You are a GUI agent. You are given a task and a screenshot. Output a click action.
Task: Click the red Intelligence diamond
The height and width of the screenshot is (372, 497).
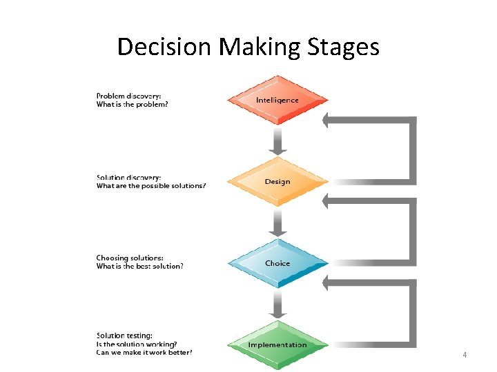tap(277, 100)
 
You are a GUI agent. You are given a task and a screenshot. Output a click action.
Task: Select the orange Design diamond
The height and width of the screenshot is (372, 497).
tap(277, 182)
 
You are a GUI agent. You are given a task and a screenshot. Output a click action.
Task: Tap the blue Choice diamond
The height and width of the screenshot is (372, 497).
tap(277, 263)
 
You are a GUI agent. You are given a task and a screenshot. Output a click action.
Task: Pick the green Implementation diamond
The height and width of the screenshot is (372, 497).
tap(277, 344)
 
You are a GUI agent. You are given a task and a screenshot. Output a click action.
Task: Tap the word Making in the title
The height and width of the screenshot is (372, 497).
tap(260, 47)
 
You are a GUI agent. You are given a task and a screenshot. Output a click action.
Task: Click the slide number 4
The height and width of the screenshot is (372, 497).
tap(465, 355)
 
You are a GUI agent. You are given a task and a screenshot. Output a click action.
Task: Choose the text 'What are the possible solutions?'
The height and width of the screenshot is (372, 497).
tap(150, 185)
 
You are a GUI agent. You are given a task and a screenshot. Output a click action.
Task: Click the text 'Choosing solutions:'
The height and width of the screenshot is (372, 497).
tap(130, 258)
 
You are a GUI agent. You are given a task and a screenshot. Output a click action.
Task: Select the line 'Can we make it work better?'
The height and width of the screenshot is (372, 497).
tap(144, 353)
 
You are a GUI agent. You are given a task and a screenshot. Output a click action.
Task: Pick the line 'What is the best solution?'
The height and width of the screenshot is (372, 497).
tap(139, 267)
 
